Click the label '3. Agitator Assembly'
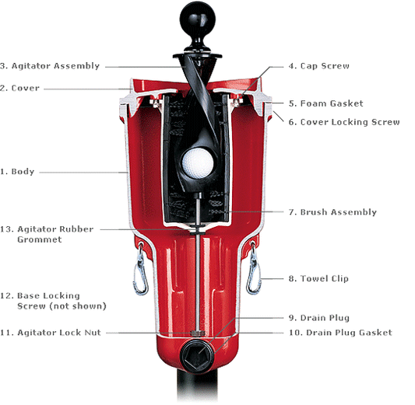(50, 66)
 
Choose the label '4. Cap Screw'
(318, 66)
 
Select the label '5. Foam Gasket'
(325, 103)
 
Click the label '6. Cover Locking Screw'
(343, 122)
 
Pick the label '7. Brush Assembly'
(332, 212)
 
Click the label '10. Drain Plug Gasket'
(339, 333)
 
